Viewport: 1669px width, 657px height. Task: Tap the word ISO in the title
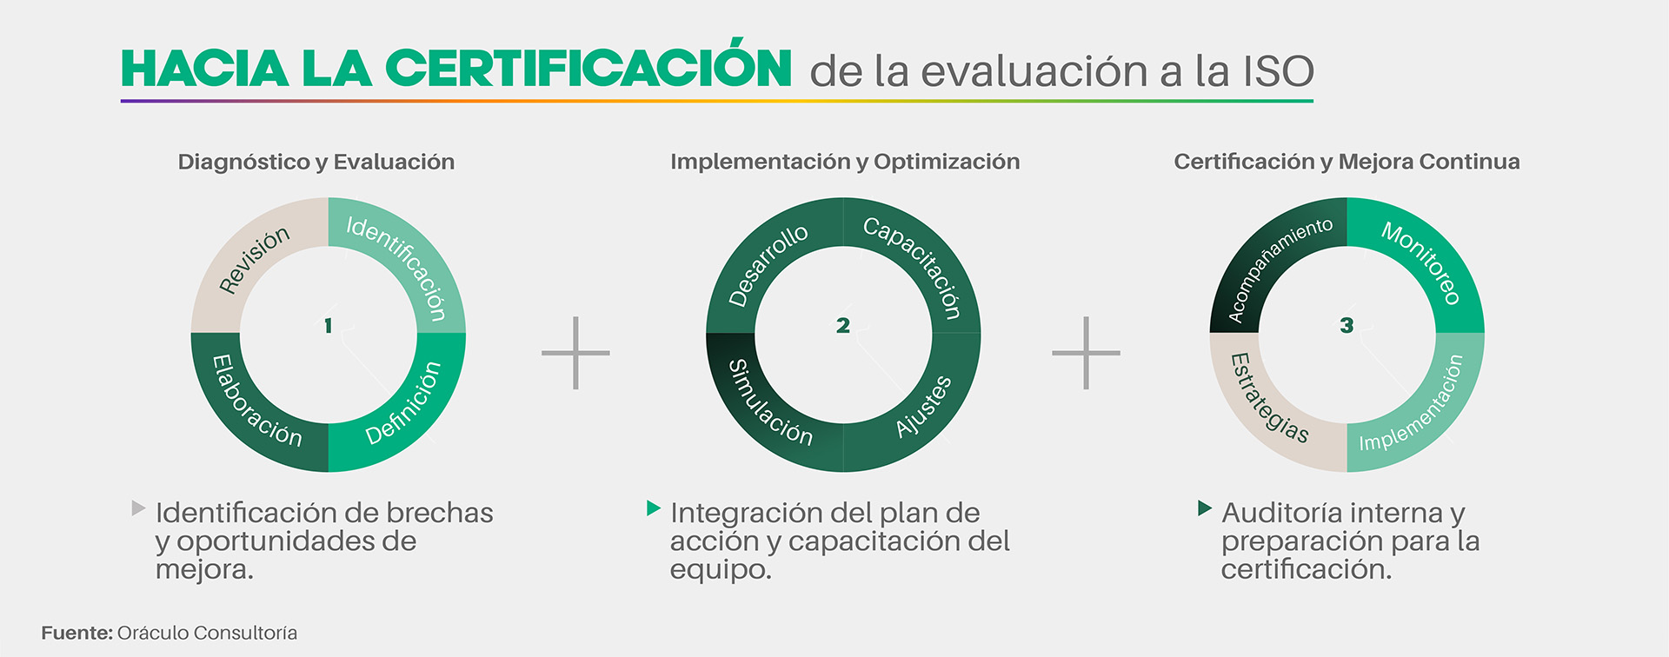click(x=1279, y=71)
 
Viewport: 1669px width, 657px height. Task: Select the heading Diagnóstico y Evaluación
click(x=316, y=163)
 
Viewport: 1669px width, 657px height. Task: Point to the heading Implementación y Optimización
click(x=845, y=163)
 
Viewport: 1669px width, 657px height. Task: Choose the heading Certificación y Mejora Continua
click(x=1347, y=163)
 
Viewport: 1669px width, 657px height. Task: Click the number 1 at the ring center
click(x=329, y=326)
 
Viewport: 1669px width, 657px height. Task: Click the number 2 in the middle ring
click(x=843, y=326)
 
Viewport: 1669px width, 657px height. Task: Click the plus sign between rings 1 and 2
click(x=575, y=353)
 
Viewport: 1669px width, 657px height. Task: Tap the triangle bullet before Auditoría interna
click(x=1204, y=508)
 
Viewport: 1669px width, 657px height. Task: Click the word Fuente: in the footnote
click(x=76, y=633)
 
